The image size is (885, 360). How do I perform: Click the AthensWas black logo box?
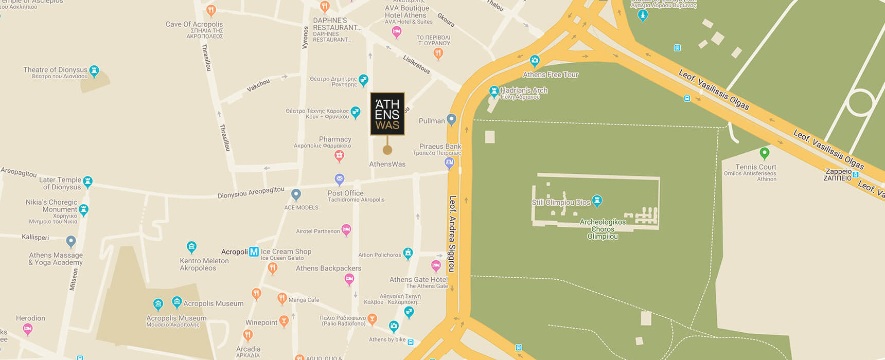[387, 114]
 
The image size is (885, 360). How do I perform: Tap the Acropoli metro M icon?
[254, 251]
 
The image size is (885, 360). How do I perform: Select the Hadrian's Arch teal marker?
[494, 92]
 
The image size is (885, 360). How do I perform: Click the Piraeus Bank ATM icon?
[449, 163]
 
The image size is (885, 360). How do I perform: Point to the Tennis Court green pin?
[765, 153]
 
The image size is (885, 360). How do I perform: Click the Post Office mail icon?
[339, 179]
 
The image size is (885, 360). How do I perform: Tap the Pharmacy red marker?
[339, 155]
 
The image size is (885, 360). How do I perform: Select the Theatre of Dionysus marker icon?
[94, 70]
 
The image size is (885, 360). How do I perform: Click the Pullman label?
[431, 121]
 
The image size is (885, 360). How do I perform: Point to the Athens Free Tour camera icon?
[535, 61]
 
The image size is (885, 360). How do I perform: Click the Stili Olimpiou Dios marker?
[597, 200]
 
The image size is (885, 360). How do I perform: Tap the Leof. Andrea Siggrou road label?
[452, 234]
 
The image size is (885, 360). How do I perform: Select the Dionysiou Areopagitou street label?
[251, 193]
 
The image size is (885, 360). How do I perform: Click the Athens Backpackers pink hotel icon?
[349, 279]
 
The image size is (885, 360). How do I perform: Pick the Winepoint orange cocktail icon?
[284, 321]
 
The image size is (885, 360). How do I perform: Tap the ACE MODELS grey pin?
[296, 194]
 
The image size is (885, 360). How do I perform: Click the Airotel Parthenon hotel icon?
[346, 229]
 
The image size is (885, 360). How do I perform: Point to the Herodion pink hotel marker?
[28, 329]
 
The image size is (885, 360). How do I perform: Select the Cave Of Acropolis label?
[194, 24]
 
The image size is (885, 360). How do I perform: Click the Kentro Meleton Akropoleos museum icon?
[191, 247]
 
